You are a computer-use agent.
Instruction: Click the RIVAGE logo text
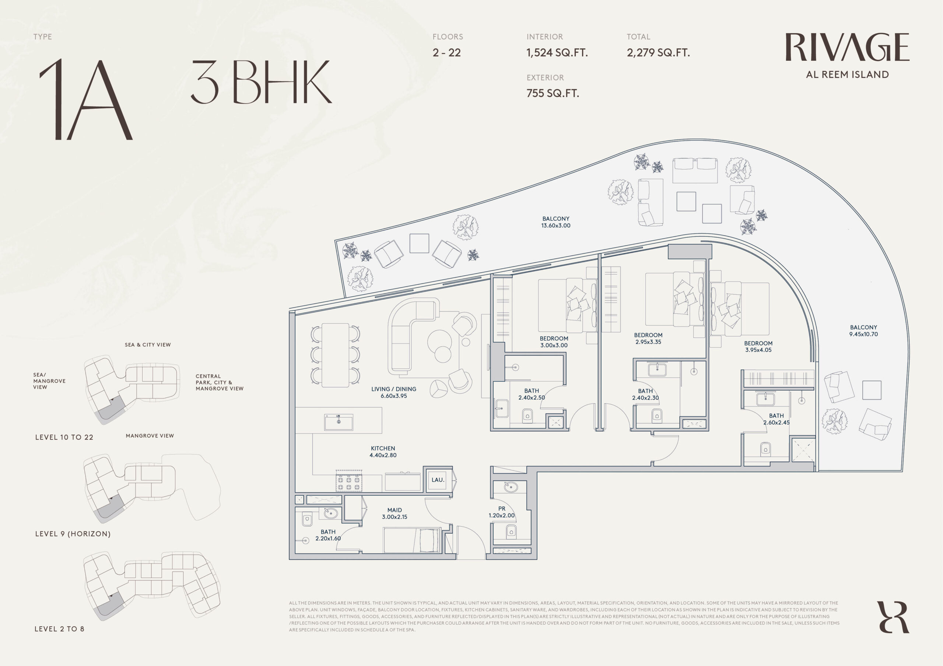coord(847,47)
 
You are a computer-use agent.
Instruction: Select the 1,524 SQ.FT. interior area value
coord(557,53)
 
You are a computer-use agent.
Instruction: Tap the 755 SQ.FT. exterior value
coord(553,93)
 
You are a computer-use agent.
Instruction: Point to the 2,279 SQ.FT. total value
coord(658,53)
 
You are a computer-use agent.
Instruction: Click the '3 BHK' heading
coord(261,82)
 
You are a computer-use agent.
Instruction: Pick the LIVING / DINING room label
coord(394,393)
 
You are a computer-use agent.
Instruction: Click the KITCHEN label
coord(383,451)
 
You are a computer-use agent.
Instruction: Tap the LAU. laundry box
coord(438,480)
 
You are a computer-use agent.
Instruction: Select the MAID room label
coord(395,513)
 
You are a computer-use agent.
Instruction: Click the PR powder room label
coord(501,512)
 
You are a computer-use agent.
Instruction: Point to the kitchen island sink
coord(339,422)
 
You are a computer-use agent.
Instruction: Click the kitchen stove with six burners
coord(349,481)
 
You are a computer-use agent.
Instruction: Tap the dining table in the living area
coord(336,355)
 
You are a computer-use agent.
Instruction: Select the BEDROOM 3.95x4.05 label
coord(758,346)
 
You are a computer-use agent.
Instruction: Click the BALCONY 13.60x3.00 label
coord(556,222)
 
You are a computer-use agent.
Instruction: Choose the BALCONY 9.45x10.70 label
coord(864,331)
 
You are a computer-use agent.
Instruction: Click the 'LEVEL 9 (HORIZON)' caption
coord(73,534)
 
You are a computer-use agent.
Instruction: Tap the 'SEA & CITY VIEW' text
coord(148,345)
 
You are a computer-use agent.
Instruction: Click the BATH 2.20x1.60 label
coord(328,535)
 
